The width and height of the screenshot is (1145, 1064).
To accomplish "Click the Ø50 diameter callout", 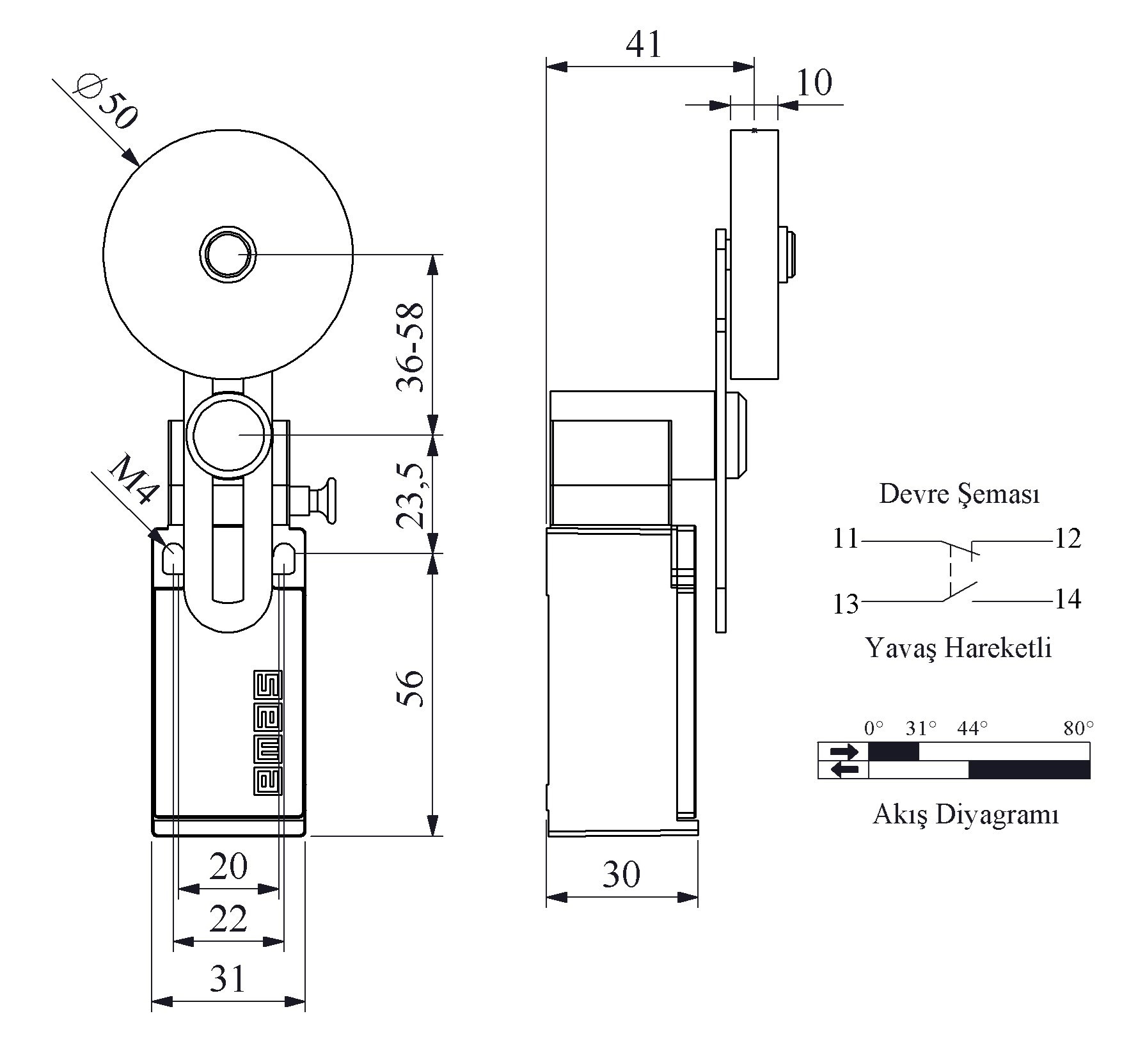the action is (x=105, y=102).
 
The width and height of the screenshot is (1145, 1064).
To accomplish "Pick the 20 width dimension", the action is (x=228, y=866).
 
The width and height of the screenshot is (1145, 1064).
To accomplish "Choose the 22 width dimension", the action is (x=228, y=919).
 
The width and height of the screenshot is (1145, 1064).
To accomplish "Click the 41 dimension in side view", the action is (x=644, y=45).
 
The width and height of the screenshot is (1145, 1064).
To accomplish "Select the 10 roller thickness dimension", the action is (x=814, y=82).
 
